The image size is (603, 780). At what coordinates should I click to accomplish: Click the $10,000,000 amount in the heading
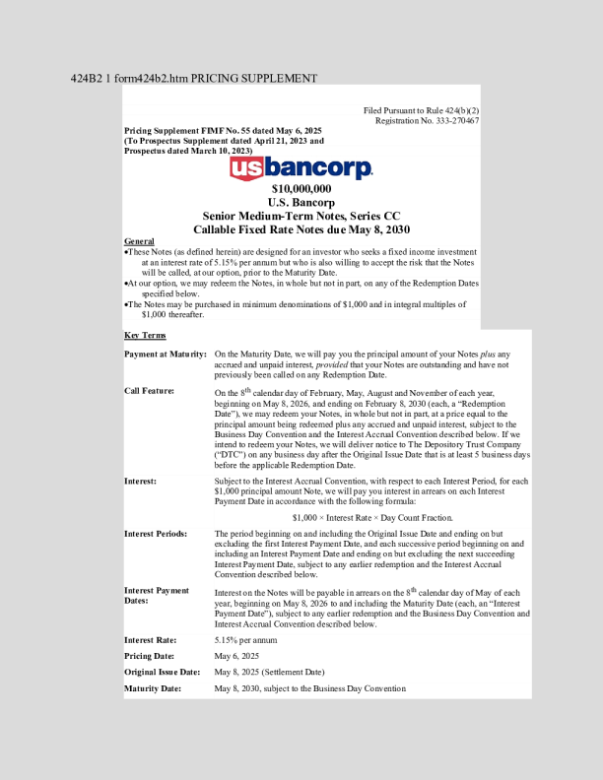(301, 188)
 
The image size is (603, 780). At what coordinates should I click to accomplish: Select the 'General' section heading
(139, 241)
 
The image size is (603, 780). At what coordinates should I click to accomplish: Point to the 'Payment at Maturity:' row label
(166, 353)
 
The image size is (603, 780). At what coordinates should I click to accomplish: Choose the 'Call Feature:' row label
(149, 391)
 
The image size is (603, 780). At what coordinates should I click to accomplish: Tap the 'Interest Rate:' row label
(152, 640)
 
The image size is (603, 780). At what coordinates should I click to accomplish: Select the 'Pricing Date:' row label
(152, 656)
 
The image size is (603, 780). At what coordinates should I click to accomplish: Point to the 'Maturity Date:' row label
(153, 688)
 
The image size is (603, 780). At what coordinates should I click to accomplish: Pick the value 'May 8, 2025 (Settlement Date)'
(269, 672)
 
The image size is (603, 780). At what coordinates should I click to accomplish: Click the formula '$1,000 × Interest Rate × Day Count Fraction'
(372, 517)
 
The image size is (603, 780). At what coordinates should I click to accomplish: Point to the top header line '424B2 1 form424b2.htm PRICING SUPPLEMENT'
(194, 77)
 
